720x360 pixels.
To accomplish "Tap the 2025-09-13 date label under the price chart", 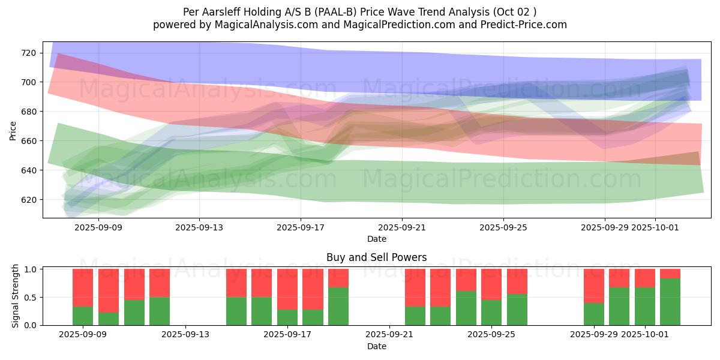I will tap(199, 228).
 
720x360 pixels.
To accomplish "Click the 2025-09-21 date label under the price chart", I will tap(401, 228).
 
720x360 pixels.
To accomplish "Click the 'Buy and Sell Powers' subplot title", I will tap(376, 257).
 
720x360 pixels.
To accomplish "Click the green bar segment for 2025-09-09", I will tap(83, 316).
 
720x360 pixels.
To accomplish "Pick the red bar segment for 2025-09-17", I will tap(287, 289).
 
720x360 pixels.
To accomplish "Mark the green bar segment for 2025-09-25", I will tap(491, 312).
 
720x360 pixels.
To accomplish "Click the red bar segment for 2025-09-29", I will tap(594, 286).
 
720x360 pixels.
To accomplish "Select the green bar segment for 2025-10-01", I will tap(645, 306).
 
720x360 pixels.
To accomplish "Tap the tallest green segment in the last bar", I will tap(670, 301).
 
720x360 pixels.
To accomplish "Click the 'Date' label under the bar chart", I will tap(376, 346).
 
